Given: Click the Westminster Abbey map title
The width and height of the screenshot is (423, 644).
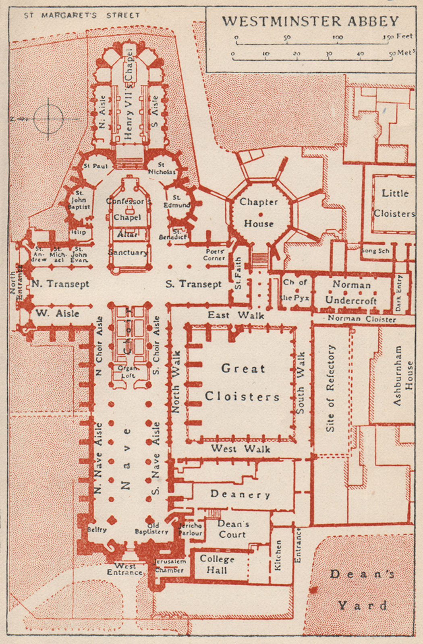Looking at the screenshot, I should [310, 21].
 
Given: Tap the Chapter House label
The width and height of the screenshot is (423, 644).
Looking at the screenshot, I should [259, 213].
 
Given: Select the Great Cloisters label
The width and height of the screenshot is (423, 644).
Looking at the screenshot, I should [242, 382].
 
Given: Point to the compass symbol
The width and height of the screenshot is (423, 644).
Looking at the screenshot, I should [48, 119].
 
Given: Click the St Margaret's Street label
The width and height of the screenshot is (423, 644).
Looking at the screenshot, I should [82, 15].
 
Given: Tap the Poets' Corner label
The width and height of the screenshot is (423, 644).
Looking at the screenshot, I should [214, 254].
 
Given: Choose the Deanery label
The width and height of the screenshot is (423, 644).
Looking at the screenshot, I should [240, 494].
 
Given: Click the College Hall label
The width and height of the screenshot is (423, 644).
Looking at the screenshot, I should [217, 564].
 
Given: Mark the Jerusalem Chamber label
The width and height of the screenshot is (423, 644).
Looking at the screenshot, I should [170, 566].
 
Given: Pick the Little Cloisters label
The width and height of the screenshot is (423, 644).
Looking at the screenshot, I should [394, 203].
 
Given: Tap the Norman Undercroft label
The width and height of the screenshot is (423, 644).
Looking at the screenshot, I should [351, 293].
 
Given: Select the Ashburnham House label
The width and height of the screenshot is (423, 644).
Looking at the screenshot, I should [403, 375].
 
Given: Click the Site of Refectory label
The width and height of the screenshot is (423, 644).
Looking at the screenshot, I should [330, 388].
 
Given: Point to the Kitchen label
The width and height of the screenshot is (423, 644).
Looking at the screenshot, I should [278, 555].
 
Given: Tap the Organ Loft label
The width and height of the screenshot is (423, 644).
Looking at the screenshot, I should [128, 372].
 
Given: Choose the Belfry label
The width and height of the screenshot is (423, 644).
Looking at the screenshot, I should [97, 530].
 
